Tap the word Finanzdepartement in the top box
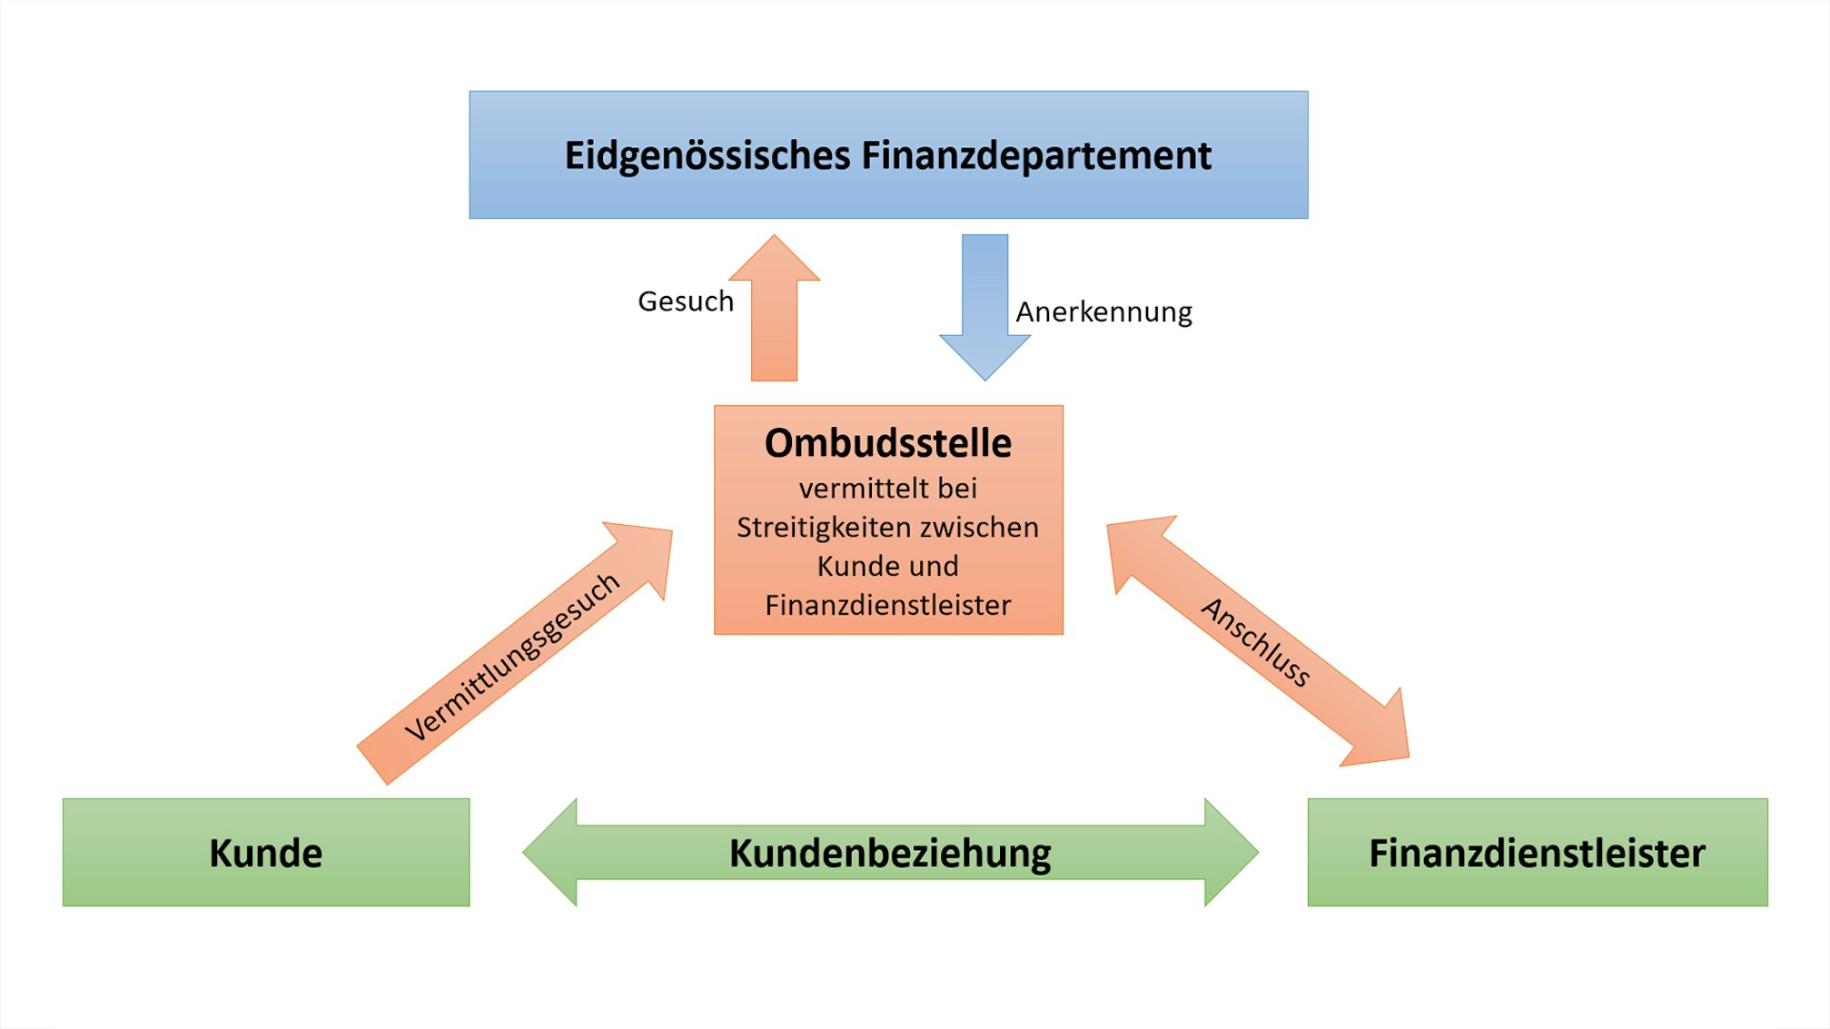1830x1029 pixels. coord(1036,155)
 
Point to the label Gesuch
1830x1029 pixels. coord(686,301)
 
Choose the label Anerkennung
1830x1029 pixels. coord(1103,312)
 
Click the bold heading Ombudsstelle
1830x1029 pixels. coord(888,443)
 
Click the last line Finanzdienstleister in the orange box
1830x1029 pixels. coord(888,605)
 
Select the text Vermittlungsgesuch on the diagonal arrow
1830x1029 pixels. coord(512,656)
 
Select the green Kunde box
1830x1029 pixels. coord(266,852)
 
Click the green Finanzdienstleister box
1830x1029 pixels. coord(1537,852)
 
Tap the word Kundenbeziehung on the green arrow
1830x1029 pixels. coord(890,853)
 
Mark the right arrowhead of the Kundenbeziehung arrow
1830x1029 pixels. coord(1230,852)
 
